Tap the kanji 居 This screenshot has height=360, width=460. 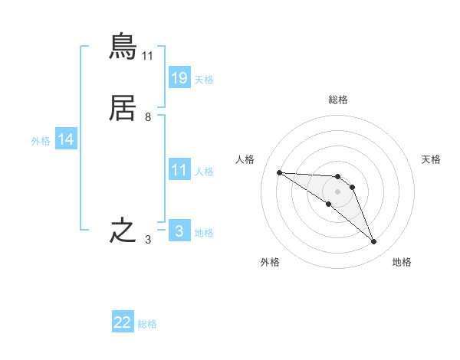coord(123,109)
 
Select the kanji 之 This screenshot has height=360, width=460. coord(123,231)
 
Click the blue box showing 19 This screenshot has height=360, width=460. coord(179,77)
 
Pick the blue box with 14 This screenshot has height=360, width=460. coord(66,139)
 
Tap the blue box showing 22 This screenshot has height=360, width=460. coord(123,322)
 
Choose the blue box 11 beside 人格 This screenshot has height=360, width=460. coord(179,170)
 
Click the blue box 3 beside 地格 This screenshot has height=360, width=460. coord(179,231)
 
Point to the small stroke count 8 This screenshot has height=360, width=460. coord(148,117)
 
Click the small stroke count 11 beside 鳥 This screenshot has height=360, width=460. coord(148,56)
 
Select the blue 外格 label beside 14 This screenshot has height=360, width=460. coord(41,141)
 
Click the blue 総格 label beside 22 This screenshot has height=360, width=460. coord(147,324)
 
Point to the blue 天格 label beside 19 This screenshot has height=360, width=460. coord(204,79)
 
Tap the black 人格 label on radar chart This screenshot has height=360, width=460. coord(245,159)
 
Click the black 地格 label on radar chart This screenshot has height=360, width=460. coord(402,262)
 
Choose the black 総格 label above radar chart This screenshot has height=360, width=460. coord(338,100)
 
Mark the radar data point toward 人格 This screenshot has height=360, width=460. coord(280,172)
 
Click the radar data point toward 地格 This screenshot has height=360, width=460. coord(374,242)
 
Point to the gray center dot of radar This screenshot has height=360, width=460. coord(337,191)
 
